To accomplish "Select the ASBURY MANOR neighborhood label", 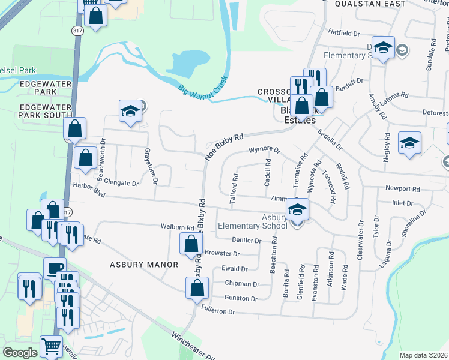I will tap(144, 264).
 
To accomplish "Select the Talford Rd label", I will tap(236, 187).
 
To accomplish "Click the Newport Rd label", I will tap(402, 188).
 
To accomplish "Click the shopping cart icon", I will tap(51, 346).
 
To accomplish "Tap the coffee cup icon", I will tap(55, 267).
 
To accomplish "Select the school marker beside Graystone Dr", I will tap(130, 110).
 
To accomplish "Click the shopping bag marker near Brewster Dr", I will tap(191, 243).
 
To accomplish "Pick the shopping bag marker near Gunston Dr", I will tap(197, 287).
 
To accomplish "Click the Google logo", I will tap(20, 352).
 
